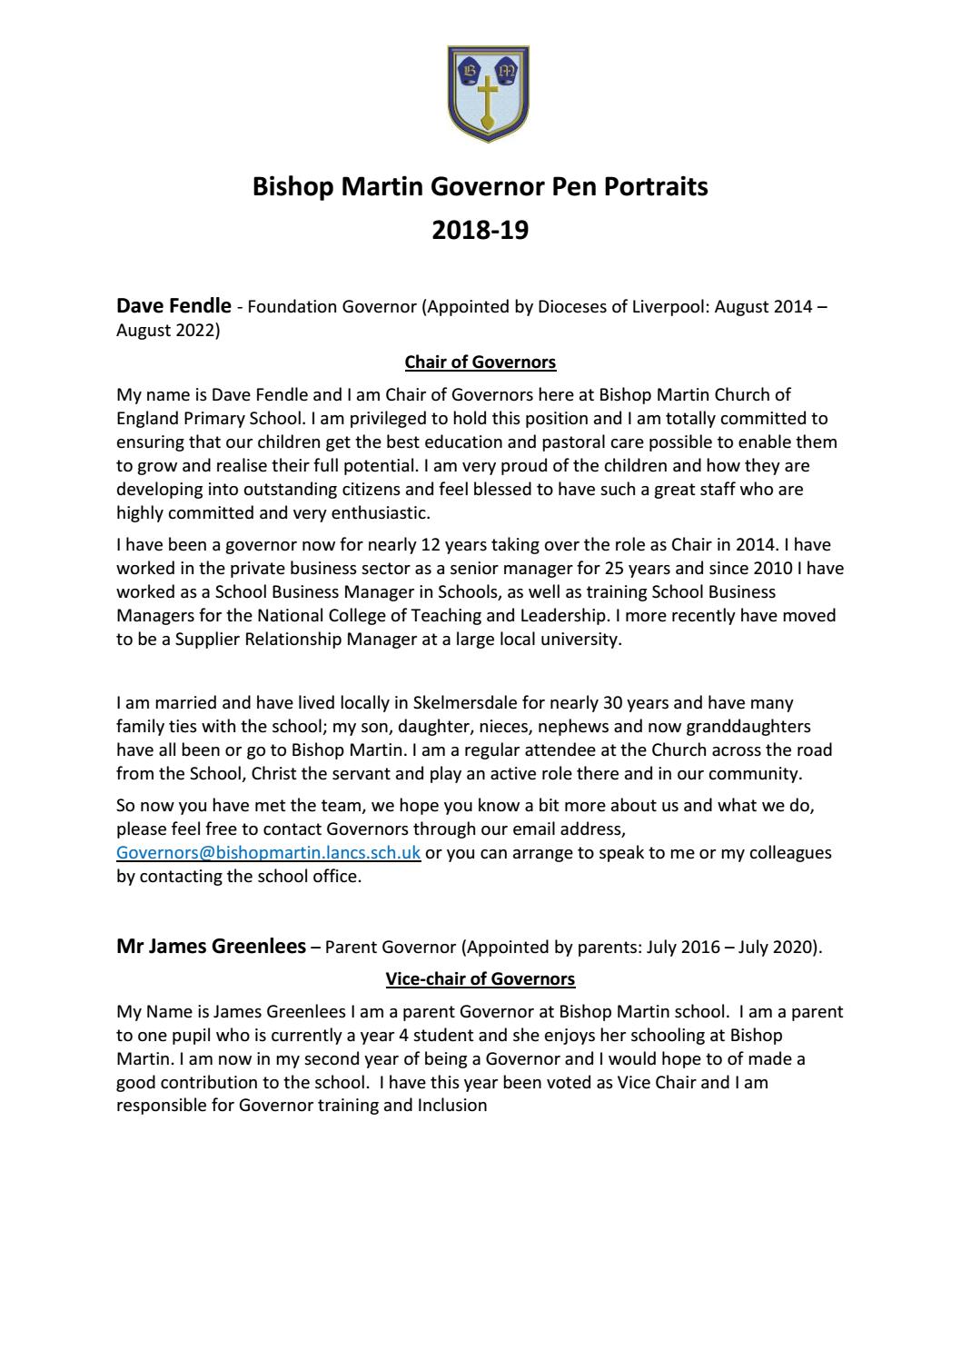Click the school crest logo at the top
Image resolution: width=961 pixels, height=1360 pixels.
coord(489,94)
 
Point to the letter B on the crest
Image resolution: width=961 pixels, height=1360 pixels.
coord(471,69)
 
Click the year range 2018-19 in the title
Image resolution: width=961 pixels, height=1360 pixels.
coord(480,231)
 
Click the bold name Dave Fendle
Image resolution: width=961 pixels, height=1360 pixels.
coord(173,306)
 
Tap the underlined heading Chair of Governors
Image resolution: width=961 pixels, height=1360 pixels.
coord(480,362)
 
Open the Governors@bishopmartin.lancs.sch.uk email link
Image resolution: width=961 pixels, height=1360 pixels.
coord(268,853)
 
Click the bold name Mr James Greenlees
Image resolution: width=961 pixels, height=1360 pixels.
coord(211,947)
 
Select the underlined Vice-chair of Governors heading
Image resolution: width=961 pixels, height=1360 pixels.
coord(480,979)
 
